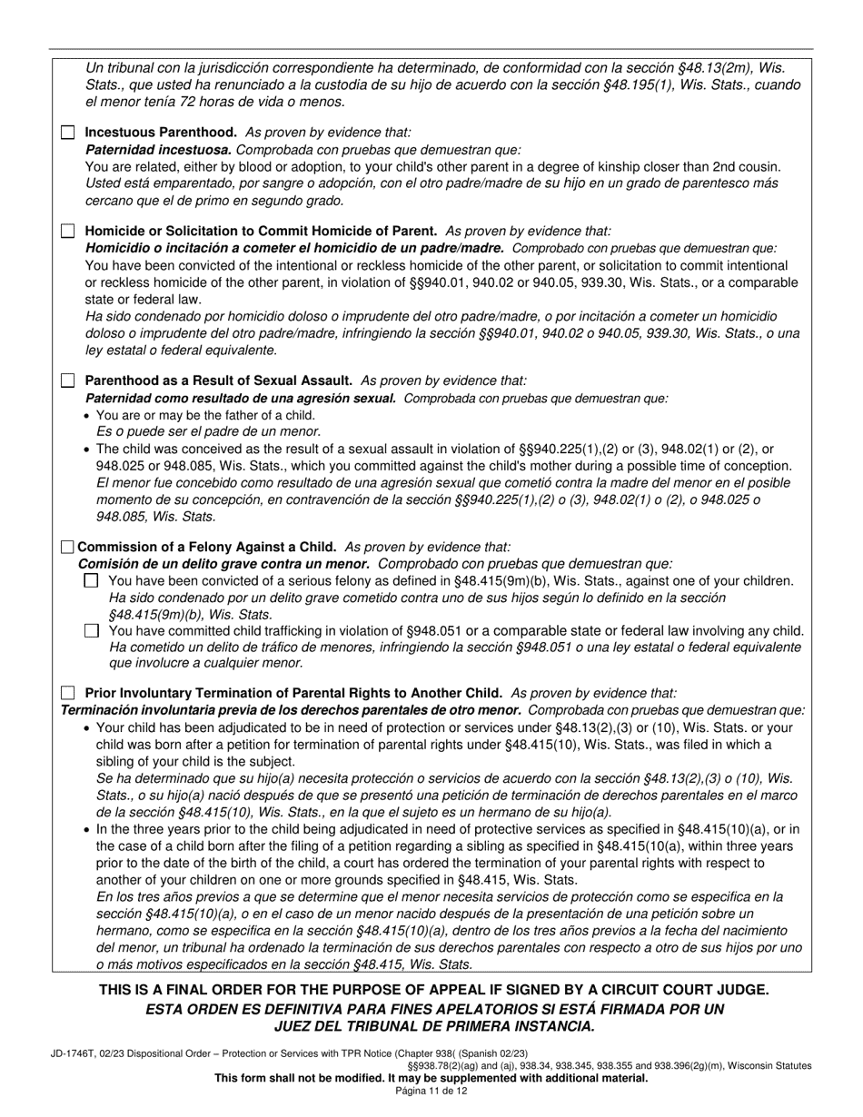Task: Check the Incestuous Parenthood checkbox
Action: (x=68, y=133)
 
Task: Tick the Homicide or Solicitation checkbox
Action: (x=68, y=232)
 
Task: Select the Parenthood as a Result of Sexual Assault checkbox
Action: (x=68, y=381)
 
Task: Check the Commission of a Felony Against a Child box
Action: (x=67, y=547)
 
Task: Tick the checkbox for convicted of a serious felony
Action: (x=91, y=581)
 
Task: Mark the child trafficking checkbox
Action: (x=91, y=630)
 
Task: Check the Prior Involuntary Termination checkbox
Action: (x=68, y=693)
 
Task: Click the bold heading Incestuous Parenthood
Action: (x=161, y=133)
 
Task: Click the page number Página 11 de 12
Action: (x=431, y=1091)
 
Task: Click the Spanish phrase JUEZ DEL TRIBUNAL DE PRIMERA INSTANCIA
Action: (x=434, y=1026)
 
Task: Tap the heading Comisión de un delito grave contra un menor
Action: (x=223, y=564)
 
